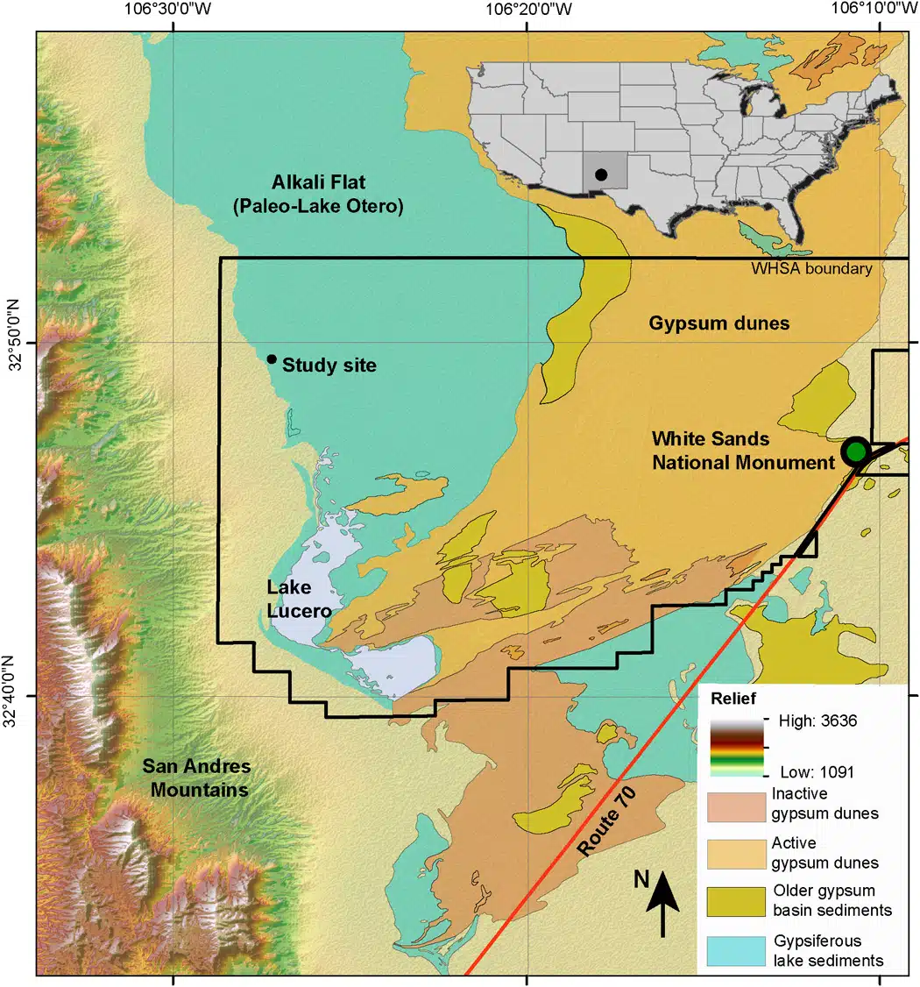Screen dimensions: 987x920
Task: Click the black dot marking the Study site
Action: pyautogui.click(x=272, y=359)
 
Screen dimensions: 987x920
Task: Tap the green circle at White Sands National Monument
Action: pyautogui.click(x=855, y=451)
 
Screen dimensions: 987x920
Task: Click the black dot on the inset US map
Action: pyautogui.click(x=601, y=174)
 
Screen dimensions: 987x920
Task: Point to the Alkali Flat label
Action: pyautogui.click(x=318, y=195)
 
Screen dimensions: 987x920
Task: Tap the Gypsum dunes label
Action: pyautogui.click(x=718, y=323)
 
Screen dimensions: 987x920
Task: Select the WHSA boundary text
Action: pyautogui.click(x=811, y=268)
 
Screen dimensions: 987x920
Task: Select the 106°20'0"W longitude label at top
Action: pyautogui.click(x=527, y=11)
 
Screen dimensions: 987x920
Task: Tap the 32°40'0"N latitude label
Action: pyautogui.click(x=15, y=696)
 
